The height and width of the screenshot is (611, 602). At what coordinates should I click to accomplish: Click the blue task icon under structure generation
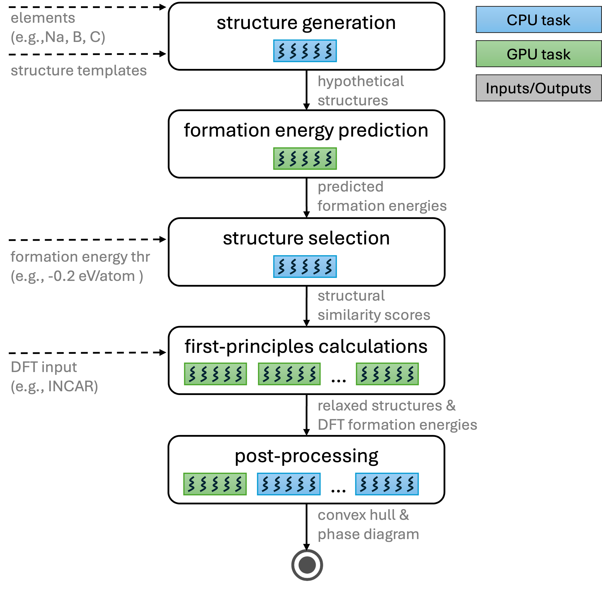click(305, 51)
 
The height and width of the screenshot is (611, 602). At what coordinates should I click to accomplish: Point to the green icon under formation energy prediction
click(305, 159)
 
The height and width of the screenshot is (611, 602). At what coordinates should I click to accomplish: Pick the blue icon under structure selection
click(305, 266)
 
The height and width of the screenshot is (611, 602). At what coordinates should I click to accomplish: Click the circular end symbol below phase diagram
click(307, 565)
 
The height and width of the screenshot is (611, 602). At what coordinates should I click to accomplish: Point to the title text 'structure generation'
click(306, 23)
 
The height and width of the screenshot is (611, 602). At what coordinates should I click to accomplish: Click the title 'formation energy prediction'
click(306, 131)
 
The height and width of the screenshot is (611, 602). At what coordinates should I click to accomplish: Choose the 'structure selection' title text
click(306, 238)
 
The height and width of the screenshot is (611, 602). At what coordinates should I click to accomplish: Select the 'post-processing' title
click(306, 456)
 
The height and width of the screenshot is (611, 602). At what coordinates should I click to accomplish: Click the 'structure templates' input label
click(79, 70)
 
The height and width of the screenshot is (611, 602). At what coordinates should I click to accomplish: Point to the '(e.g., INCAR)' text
click(54, 386)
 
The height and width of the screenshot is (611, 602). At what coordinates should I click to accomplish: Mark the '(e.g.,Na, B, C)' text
click(58, 37)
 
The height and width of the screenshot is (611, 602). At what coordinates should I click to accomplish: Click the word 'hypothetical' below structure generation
click(360, 81)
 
